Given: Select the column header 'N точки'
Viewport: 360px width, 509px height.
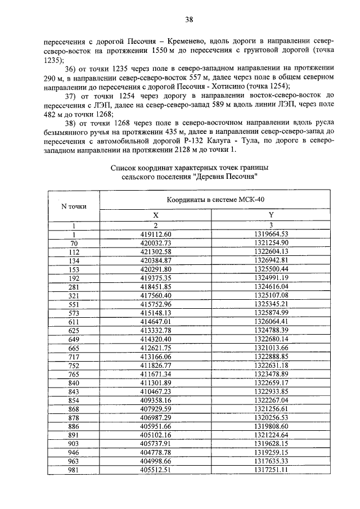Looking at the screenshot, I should tap(74, 206).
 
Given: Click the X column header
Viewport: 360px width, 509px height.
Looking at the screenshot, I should tap(156, 215).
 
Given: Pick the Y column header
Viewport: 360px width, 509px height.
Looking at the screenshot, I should tap(271, 215).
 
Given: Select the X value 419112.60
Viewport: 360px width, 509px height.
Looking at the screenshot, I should tap(156, 233).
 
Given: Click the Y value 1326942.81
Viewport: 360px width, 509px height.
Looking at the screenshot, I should tap(271, 260).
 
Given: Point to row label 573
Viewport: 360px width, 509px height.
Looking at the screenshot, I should tap(74, 312).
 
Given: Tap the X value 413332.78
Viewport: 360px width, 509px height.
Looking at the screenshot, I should tap(156, 330).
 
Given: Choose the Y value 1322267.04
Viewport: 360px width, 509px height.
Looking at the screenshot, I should tap(271, 399).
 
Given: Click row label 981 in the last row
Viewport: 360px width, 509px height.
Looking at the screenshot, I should tap(74, 469).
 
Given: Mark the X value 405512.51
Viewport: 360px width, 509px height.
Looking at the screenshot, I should tap(156, 469).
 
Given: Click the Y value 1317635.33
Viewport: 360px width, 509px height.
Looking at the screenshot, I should tap(271, 460).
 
